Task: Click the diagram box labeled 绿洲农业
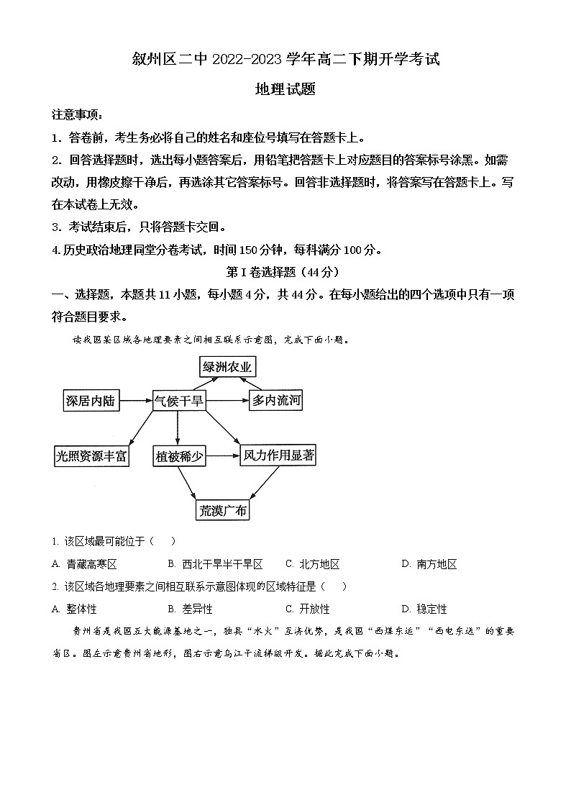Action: click(228, 367)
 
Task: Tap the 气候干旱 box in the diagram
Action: click(178, 401)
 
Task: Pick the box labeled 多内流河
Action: click(275, 401)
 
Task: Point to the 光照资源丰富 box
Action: click(92, 455)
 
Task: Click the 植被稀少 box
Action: click(178, 455)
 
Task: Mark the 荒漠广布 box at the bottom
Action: click(223, 510)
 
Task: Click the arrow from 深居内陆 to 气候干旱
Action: click(136, 401)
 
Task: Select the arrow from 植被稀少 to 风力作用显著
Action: click(222, 455)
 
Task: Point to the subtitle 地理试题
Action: click(285, 89)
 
